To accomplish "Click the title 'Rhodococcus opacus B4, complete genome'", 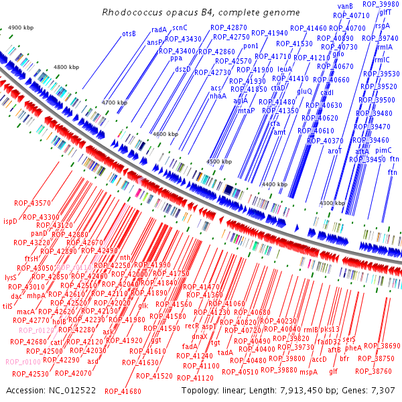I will pyautogui.click(x=200, y=12).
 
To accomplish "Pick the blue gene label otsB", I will pyautogui.click(x=129, y=33).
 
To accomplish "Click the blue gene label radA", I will pyautogui.click(x=159, y=30).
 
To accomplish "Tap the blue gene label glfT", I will pyautogui.click(x=385, y=12).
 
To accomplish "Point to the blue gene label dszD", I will pyautogui.click(x=182, y=68).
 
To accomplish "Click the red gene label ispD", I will pyautogui.click(x=10, y=221).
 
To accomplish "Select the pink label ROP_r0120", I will pyautogui.click(x=36, y=330).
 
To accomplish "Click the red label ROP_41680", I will pyautogui.click(x=123, y=391).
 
